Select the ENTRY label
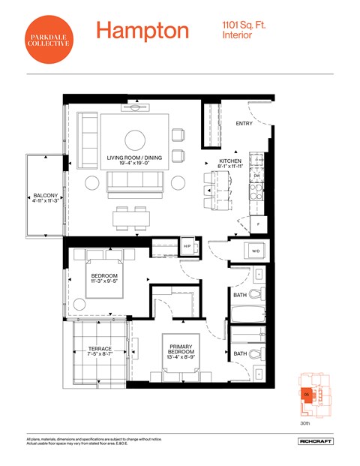click(244, 124)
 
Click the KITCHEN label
click(229, 161)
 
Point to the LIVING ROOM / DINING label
click(135, 158)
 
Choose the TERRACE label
click(99, 349)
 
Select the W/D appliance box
click(255, 251)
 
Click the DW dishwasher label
click(256, 176)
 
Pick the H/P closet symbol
click(187, 245)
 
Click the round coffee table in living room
click(136, 140)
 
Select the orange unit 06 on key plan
click(307, 396)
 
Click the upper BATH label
click(240, 296)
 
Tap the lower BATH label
click(240, 353)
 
